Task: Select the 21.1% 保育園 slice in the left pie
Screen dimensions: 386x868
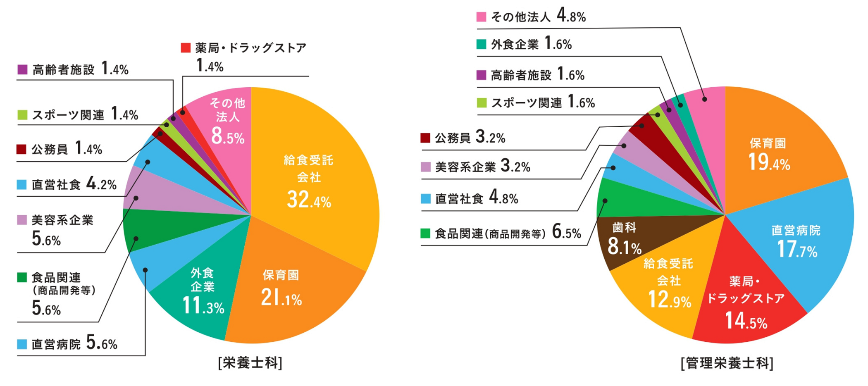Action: pos(285,289)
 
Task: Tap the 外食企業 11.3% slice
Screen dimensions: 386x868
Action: pos(203,293)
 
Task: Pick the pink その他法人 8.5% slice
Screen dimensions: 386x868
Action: pos(227,120)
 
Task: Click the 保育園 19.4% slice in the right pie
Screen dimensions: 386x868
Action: pos(769,153)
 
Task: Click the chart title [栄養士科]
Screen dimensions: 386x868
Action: pos(250,363)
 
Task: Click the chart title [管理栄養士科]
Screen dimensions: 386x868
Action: pos(727,363)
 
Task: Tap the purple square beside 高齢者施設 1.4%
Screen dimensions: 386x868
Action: pos(22,69)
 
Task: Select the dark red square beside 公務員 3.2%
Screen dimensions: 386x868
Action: pos(425,138)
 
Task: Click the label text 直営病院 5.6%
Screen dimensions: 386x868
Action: pos(74,343)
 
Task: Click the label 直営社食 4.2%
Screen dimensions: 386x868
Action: pos(74,184)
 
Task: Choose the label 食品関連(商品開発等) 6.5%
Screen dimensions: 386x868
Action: pos(508,234)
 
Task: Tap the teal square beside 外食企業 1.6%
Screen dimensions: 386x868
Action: pos(481,44)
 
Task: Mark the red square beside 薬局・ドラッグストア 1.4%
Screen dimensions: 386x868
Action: pos(186,48)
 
